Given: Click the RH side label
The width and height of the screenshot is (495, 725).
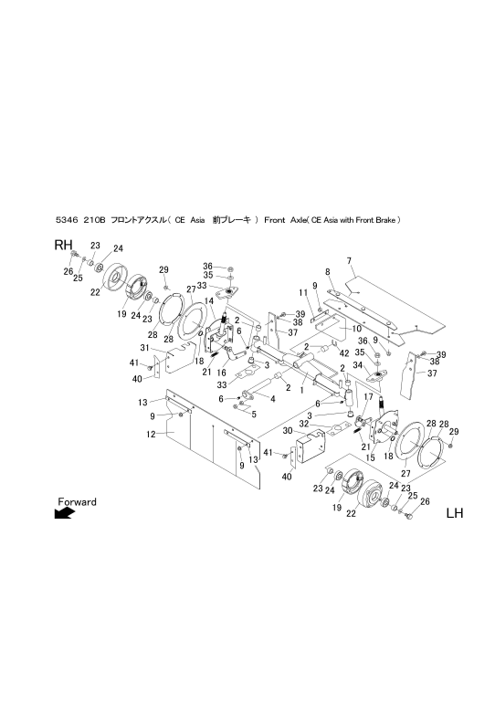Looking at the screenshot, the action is click(63, 246).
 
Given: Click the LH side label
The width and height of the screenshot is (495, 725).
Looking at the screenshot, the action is click(454, 513).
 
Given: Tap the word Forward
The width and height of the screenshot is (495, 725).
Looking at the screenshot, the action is click(78, 501).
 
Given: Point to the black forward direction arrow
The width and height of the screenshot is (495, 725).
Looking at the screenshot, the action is click(64, 513).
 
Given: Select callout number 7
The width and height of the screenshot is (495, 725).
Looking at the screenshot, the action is click(349, 261).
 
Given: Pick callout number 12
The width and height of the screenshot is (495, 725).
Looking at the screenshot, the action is click(151, 435).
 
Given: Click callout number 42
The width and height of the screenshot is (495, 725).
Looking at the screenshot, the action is click(344, 352).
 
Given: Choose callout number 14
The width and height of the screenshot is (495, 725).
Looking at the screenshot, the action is click(209, 301).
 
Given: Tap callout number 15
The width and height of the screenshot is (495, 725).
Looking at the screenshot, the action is click(370, 457).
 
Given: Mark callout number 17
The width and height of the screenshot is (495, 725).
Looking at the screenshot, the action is click(368, 396).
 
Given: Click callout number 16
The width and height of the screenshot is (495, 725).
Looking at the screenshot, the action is click(222, 373).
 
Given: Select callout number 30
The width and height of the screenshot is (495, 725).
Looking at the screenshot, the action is click(288, 430).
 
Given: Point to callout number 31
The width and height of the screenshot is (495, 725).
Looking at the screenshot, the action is click(144, 348).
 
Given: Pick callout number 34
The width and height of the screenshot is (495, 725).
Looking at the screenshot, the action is click(357, 365).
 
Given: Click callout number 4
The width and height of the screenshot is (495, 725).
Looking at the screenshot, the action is click(273, 398).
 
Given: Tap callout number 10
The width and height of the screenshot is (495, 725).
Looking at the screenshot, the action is click(357, 329).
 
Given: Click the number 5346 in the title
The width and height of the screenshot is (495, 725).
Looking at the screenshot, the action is click(65, 220).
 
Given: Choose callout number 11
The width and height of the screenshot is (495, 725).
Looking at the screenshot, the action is click(303, 292).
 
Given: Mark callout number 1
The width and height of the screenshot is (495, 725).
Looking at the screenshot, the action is click(301, 390).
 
